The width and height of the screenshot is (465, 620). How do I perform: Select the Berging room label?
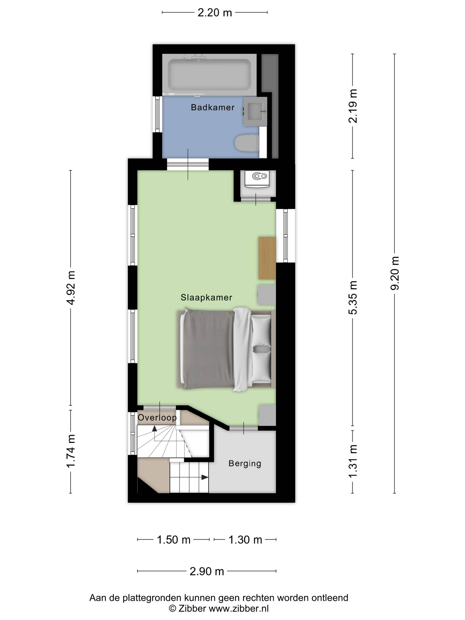click(245, 464)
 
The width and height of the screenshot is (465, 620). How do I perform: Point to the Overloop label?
click(157, 418)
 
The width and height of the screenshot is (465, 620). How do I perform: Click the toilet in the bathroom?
click(247, 143)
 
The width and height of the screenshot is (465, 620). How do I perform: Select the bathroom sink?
click(255, 111)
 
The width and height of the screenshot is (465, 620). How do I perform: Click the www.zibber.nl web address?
click(239, 608)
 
